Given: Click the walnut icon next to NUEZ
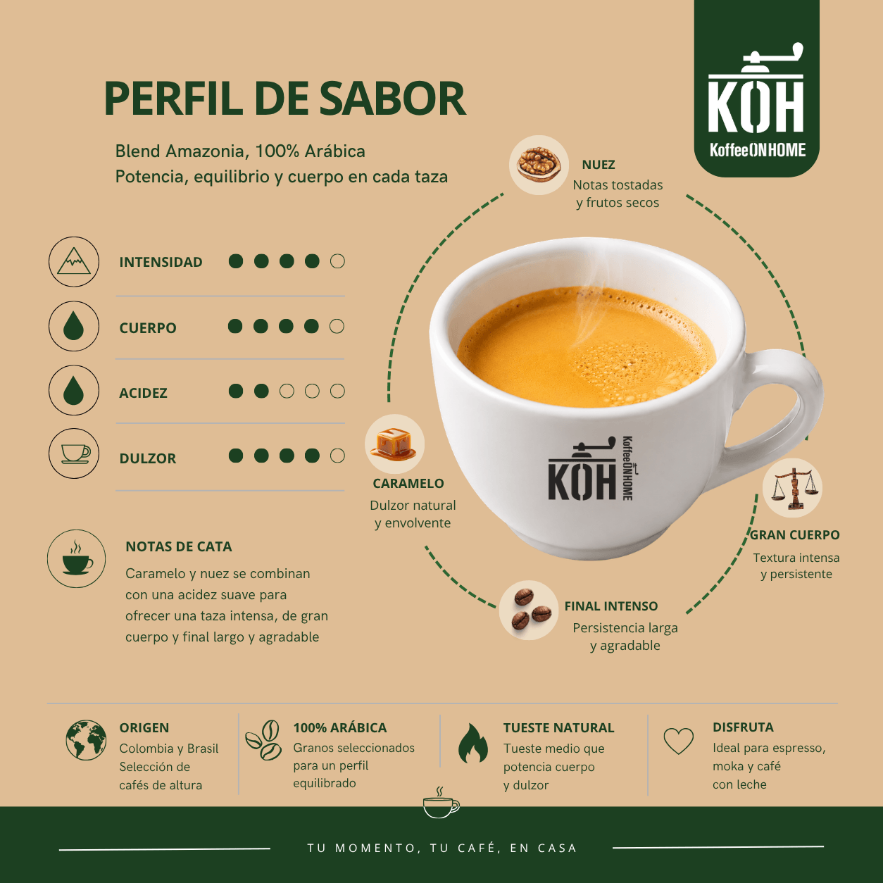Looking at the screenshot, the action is coord(539,165).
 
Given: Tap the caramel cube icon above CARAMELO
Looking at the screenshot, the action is coord(394,443).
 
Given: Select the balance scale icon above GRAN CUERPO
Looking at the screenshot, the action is coord(792,489).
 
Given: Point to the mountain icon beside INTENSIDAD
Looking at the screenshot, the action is coord(74,262).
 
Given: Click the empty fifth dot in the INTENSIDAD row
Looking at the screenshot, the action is coord(337,261).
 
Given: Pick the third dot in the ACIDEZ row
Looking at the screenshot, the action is coord(287,392).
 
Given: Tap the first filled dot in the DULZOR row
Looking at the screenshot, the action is coord(236,456).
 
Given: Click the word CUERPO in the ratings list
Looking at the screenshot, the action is coord(148,328).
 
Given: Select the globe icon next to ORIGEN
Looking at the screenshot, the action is coord(86,741).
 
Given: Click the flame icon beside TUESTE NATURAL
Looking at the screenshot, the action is coord(473,744).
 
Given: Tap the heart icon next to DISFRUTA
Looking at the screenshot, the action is coord(679,741).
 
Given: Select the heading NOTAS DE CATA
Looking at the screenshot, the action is coord(179,546).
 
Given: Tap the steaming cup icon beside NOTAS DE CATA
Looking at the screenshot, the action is coord(77,559).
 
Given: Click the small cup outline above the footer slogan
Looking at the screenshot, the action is coord(440,803).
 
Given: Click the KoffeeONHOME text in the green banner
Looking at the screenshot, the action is coord(758,150).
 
